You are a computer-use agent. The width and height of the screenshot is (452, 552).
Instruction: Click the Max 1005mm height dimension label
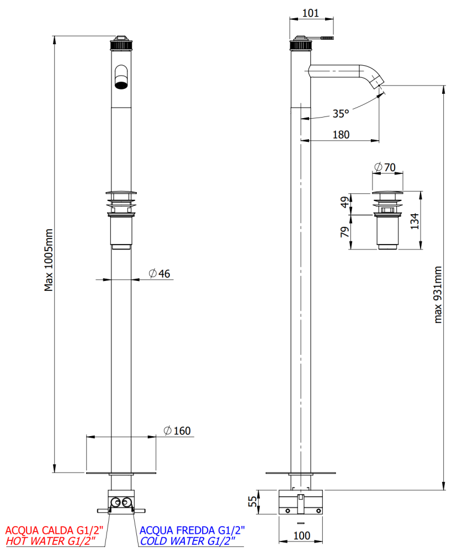49,260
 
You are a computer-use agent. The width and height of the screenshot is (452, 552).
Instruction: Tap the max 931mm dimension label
437,295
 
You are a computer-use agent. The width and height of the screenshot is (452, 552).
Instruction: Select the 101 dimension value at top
311,13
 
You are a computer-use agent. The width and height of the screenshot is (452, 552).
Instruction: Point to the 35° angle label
341,113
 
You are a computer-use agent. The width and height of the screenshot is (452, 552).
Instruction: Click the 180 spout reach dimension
341,135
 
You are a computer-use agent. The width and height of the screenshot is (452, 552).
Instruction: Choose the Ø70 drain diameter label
385,167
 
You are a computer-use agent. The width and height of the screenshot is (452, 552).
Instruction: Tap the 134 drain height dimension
415,221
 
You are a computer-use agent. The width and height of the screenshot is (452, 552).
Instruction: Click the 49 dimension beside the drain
345,201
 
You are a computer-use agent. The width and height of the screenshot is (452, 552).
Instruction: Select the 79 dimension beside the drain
345,232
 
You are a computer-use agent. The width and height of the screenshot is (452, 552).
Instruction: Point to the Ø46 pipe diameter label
159,274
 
